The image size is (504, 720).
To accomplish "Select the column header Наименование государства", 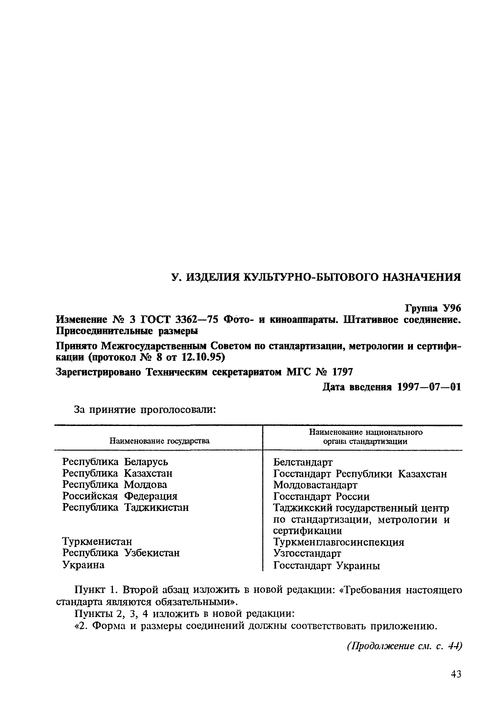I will (159, 441).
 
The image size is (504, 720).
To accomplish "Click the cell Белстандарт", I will (302, 462).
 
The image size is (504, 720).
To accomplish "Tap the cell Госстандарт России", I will (321, 496).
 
